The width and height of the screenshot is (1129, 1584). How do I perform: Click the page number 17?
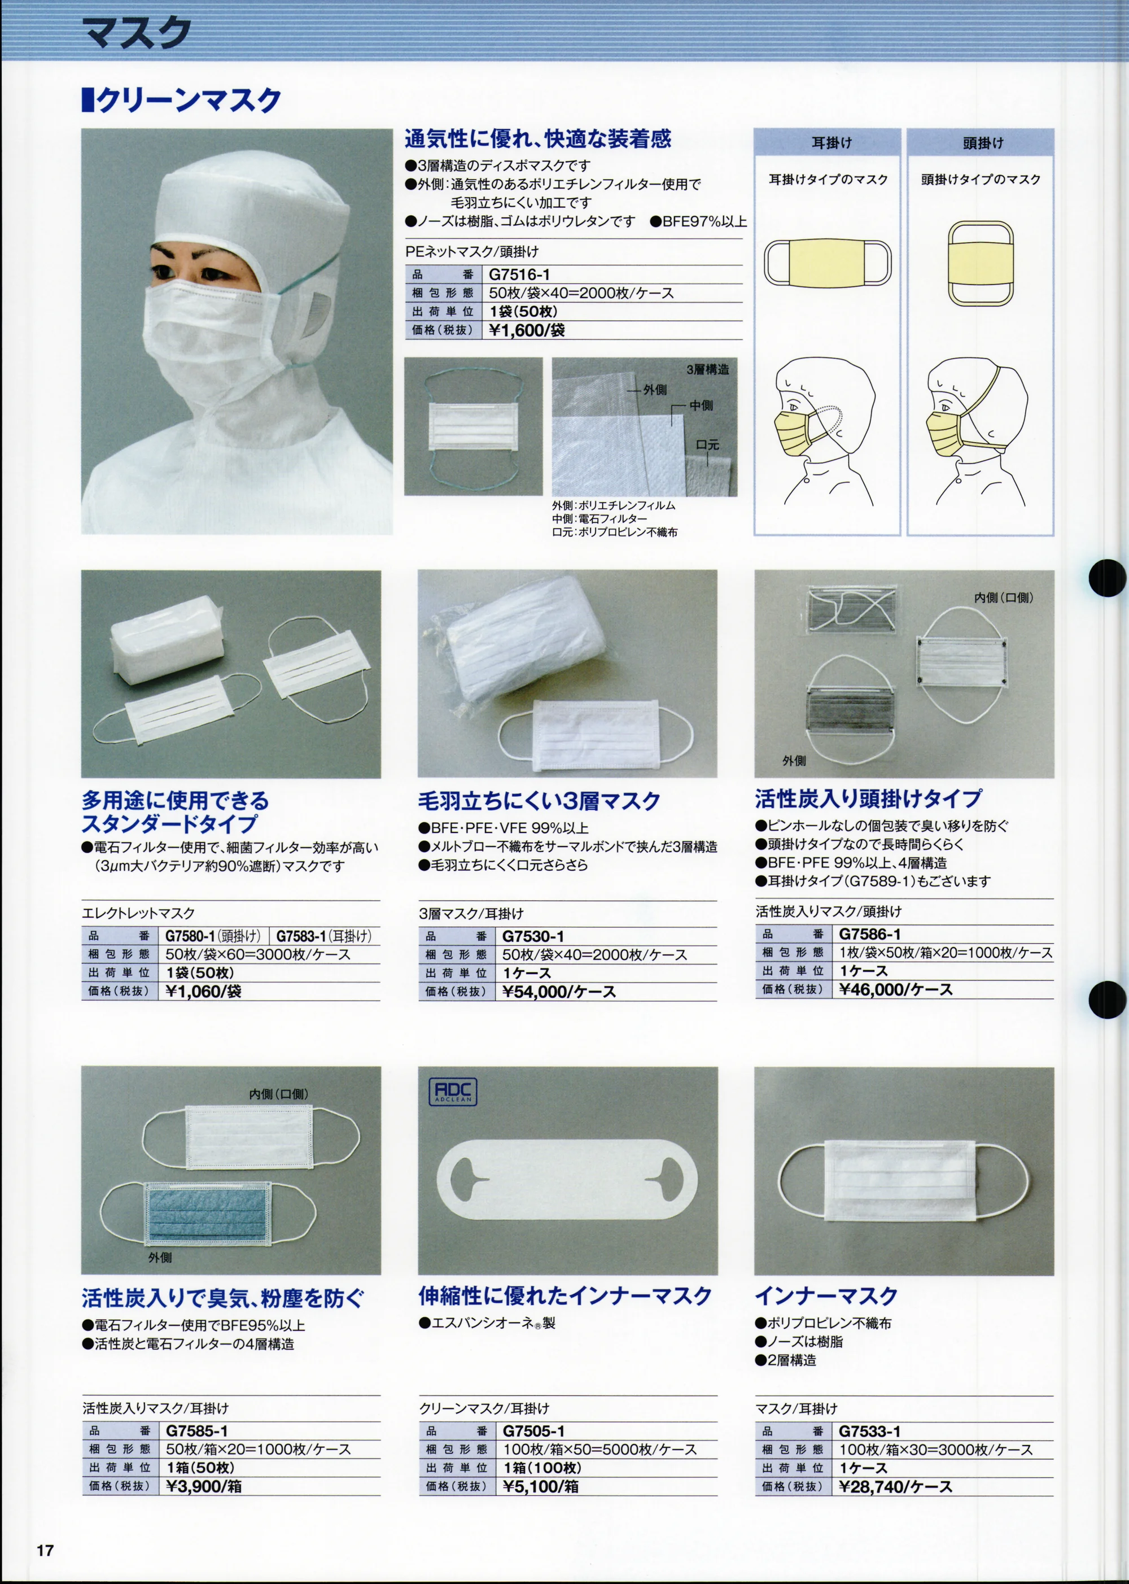click(45, 1550)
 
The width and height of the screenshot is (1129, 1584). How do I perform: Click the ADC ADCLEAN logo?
click(453, 1091)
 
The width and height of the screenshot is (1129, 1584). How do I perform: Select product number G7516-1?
click(519, 274)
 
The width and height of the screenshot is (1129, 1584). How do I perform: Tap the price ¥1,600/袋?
click(526, 330)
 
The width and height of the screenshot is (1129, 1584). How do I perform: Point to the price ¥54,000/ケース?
click(559, 992)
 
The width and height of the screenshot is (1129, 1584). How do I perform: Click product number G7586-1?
click(870, 934)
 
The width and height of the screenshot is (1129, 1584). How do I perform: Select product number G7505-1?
click(533, 1431)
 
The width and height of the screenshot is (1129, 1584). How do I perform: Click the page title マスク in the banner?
click(136, 33)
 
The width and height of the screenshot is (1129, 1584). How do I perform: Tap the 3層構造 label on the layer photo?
click(708, 370)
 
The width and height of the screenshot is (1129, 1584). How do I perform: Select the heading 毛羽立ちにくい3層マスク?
click(539, 801)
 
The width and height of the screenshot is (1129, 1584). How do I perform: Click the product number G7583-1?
click(301, 936)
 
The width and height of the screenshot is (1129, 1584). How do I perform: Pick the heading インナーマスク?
click(826, 1295)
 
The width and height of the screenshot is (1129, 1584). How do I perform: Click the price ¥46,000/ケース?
click(895, 989)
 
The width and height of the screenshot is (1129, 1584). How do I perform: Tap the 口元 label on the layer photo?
click(708, 444)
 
